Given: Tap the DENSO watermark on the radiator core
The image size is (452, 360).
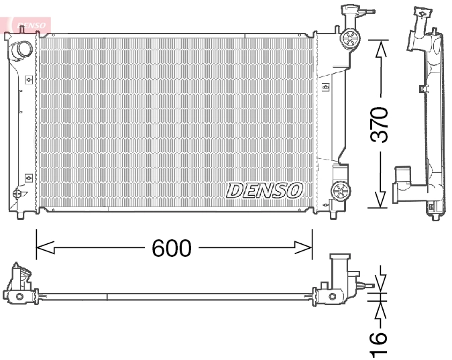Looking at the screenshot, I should (x=265, y=190).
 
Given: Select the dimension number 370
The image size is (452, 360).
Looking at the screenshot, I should (x=380, y=124).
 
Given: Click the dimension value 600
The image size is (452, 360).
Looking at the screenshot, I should (x=172, y=248).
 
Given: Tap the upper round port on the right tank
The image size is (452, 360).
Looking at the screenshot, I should (x=349, y=38).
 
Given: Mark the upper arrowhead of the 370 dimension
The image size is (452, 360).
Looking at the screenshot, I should (x=380, y=46).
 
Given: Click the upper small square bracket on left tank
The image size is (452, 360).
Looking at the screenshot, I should (x=27, y=78).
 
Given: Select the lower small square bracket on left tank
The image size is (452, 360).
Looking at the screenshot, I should (x=27, y=178).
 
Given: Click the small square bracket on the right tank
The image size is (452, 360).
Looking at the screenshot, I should (x=326, y=86).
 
